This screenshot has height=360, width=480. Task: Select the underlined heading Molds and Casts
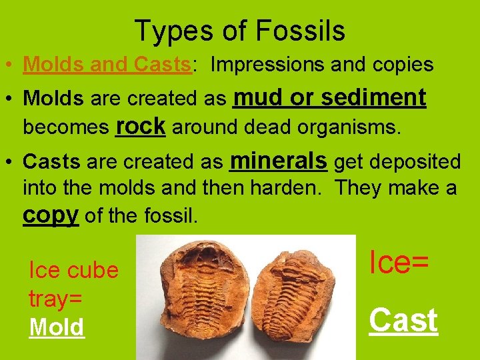pyautogui.click(x=107, y=65)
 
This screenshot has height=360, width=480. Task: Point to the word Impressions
pyautogui.click(x=267, y=65)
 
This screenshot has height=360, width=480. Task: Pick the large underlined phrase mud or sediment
pyautogui.click(x=329, y=97)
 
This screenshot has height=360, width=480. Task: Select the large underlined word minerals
pyautogui.click(x=278, y=160)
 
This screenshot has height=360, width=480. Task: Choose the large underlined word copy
pyautogui.click(x=51, y=215)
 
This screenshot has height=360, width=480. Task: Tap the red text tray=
pyautogui.click(x=55, y=299)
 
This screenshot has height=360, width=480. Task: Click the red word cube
pyautogui.click(x=93, y=270)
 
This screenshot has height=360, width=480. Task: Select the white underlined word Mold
pyautogui.click(x=57, y=327)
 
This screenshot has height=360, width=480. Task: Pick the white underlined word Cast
pyautogui.click(x=403, y=320)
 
